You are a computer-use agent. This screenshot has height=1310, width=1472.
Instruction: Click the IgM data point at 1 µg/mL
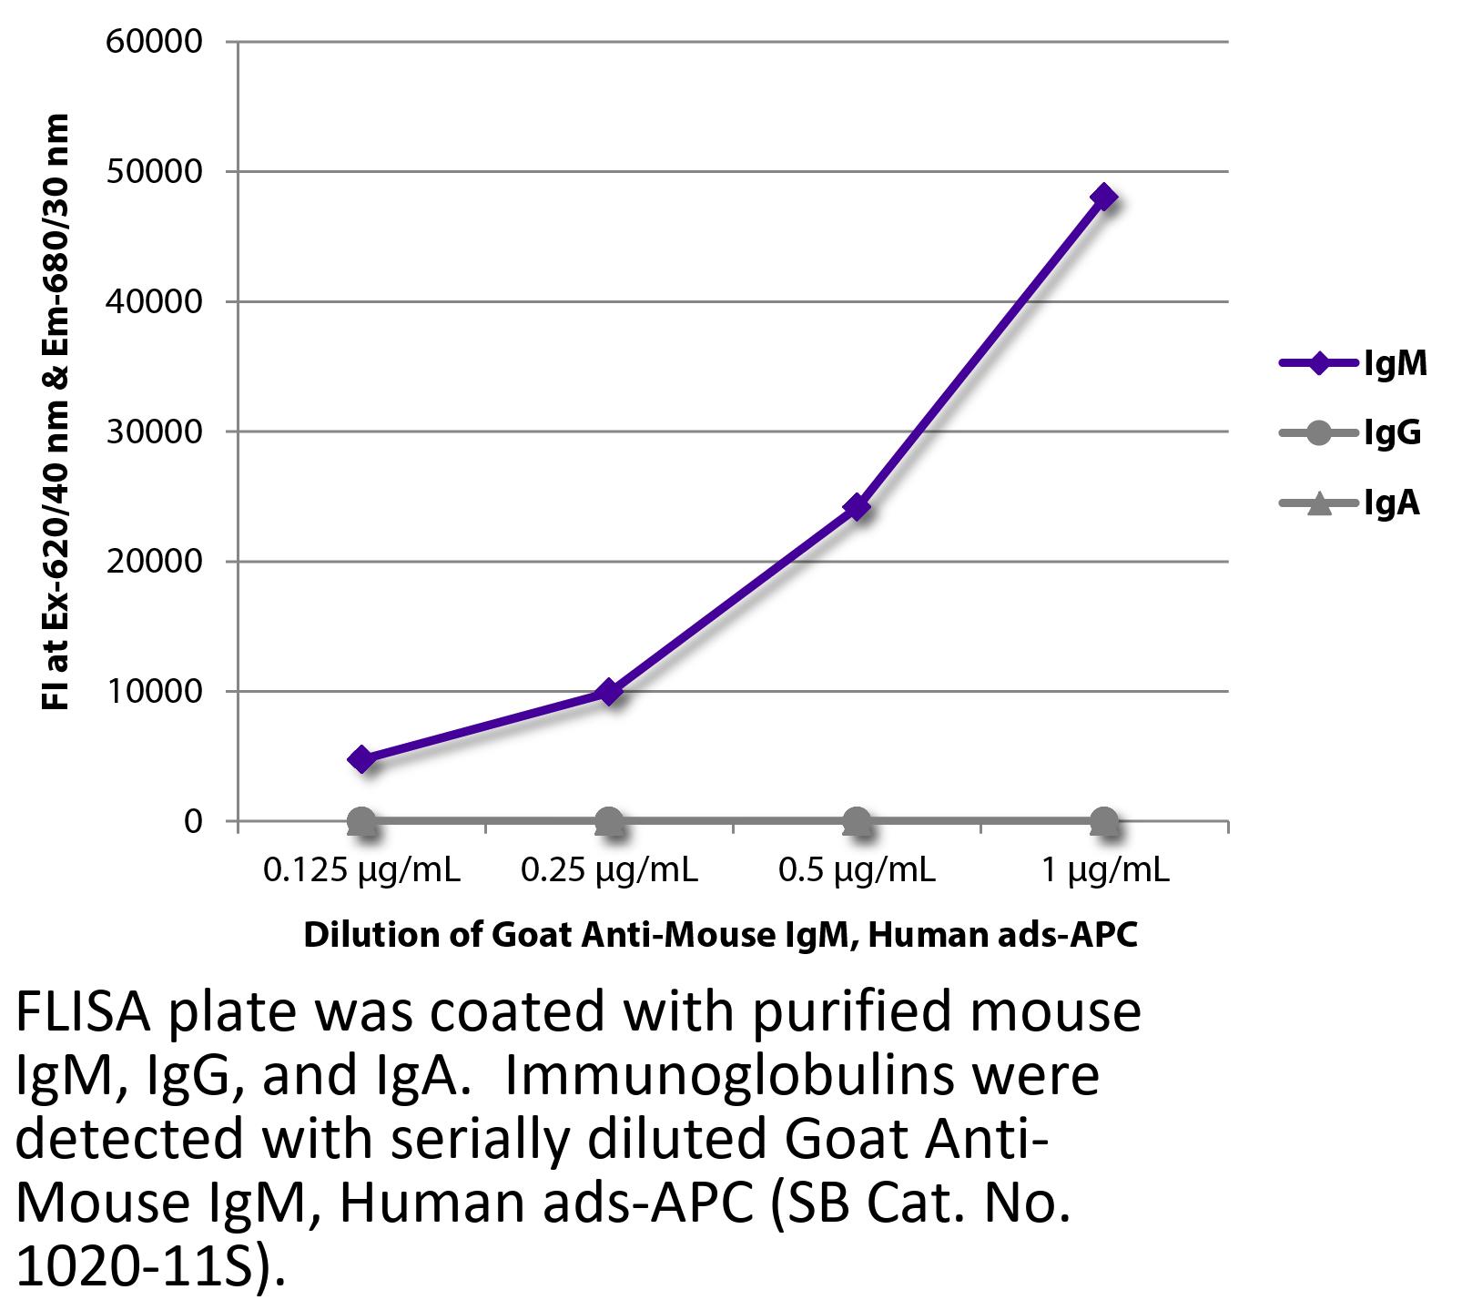(x=1104, y=197)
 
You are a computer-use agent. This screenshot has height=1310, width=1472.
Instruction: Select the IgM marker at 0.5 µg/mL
(x=857, y=507)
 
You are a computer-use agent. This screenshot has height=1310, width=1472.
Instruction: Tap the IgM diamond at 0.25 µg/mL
(x=609, y=692)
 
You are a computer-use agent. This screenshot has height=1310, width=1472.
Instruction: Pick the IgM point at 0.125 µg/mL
(x=361, y=758)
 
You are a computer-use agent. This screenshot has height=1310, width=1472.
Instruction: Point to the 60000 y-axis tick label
(x=154, y=42)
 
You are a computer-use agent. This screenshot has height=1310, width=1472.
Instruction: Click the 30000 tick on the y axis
(x=154, y=432)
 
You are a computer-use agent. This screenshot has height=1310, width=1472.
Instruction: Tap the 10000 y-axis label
(x=154, y=692)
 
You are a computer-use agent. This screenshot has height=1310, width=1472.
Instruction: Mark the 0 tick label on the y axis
(x=193, y=821)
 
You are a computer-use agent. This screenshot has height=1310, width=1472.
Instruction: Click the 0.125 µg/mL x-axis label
(x=361, y=871)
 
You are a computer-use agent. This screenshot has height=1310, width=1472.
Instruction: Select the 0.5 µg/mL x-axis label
(x=857, y=871)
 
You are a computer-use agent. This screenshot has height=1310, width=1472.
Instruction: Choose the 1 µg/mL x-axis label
(x=1104, y=871)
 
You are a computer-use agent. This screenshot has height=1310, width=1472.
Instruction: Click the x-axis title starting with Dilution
(x=720, y=935)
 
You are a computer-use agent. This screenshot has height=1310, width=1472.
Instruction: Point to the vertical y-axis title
(x=56, y=411)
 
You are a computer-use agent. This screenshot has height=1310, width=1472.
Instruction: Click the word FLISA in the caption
(x=80, y=1012)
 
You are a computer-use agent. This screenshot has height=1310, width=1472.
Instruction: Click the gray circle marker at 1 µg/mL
(x=1104, y=821)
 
